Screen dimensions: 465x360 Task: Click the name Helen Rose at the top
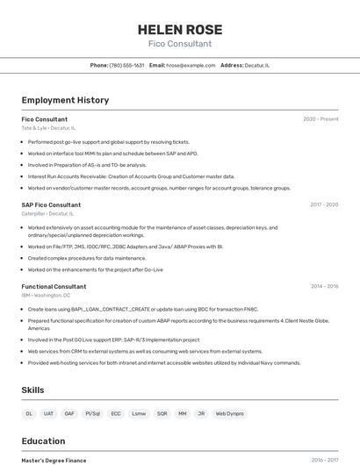179,29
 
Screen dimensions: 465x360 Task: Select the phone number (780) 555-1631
126,65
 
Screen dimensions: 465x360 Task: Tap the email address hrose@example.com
191,65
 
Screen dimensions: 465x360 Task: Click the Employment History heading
65,100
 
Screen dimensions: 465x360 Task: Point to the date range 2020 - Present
320,119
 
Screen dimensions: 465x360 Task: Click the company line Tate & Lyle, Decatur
48,128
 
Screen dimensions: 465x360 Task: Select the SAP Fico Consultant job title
51,204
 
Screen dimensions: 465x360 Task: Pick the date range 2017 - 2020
324,204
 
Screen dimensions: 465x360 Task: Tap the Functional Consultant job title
54,286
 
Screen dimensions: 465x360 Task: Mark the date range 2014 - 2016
324,286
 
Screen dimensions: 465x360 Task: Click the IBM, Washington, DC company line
46,295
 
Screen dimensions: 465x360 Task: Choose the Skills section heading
32,390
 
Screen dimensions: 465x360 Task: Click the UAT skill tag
48,413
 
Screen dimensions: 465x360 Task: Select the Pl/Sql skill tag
92,413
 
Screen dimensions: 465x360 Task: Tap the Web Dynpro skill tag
229,413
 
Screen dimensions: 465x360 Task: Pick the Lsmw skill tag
139,413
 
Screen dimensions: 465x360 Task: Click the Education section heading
43,442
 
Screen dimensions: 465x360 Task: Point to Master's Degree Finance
54,460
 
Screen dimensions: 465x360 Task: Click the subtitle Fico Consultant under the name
179,44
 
